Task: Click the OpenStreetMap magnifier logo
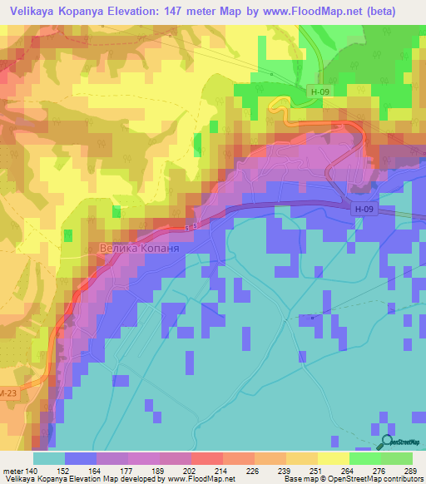pyautogui.click(x=388, y=443)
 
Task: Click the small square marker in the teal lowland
pyautogui.click(x=312, y=317)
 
